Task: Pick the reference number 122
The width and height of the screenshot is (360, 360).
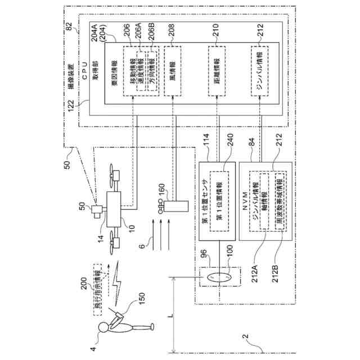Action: point(71,111)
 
